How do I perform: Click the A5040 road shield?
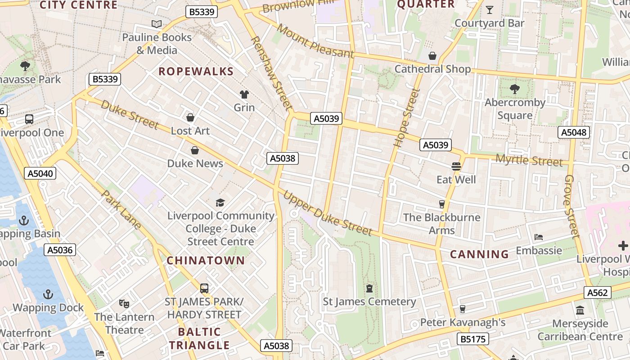click(40, 173)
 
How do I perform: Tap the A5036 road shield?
click(60, 250)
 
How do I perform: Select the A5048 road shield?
click(573, 132)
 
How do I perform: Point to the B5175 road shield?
click(473, 339)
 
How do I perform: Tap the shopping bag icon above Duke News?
click(195, 150)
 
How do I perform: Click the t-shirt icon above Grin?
click(244, 94)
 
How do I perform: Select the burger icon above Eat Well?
click(456, 166)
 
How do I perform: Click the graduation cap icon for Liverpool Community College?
click(220, 203)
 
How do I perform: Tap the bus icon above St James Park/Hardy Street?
click(204, 288)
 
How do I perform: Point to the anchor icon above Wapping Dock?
click(48, 294)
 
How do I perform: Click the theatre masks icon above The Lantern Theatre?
click(124, 304)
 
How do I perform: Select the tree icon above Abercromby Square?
click(515, 89)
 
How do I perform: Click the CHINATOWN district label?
click(206, 261)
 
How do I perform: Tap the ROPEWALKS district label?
click(196, 72)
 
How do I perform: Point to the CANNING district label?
click(479, 254)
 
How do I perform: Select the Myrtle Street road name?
click(529, 160)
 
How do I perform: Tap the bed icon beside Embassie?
click(539, 237)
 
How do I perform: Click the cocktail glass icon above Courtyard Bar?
click(490, 9)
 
